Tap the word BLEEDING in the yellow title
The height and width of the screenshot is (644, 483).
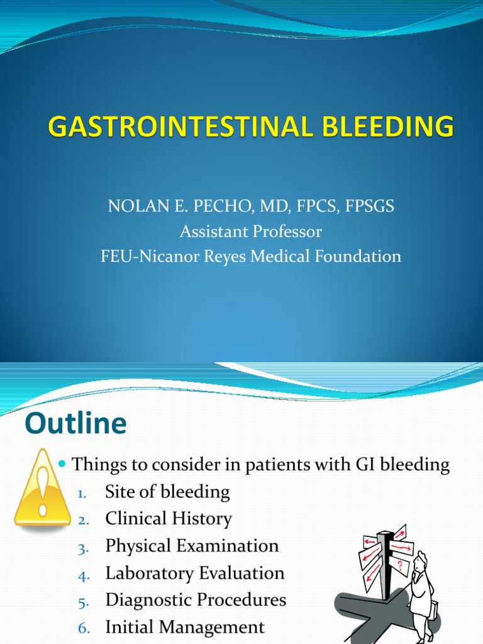point(391,126)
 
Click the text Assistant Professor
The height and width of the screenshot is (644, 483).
point(250,231)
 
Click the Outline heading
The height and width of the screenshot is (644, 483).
point(75,423)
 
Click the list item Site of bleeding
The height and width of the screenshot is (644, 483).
point(167,492)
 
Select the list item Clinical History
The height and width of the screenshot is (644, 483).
point(169,519)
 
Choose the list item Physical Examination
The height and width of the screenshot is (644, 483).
point(192,546)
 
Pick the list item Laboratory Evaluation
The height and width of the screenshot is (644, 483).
point(195,573)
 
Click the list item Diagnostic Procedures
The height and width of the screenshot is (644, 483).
point(196,600)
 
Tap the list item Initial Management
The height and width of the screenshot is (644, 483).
point(185,627)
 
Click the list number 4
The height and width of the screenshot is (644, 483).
point(84,575)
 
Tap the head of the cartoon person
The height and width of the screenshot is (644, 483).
point(419,562)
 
